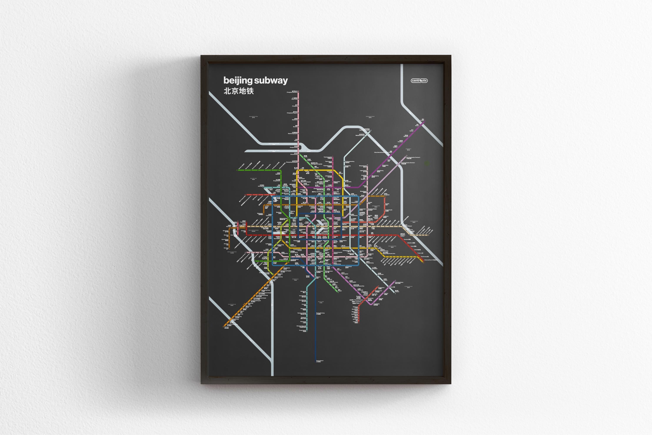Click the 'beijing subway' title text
[255, 80]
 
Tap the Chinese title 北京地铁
[238, 91]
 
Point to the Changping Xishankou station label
[292, 92]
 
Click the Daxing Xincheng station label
[320, 313]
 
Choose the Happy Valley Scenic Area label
[389, 253]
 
